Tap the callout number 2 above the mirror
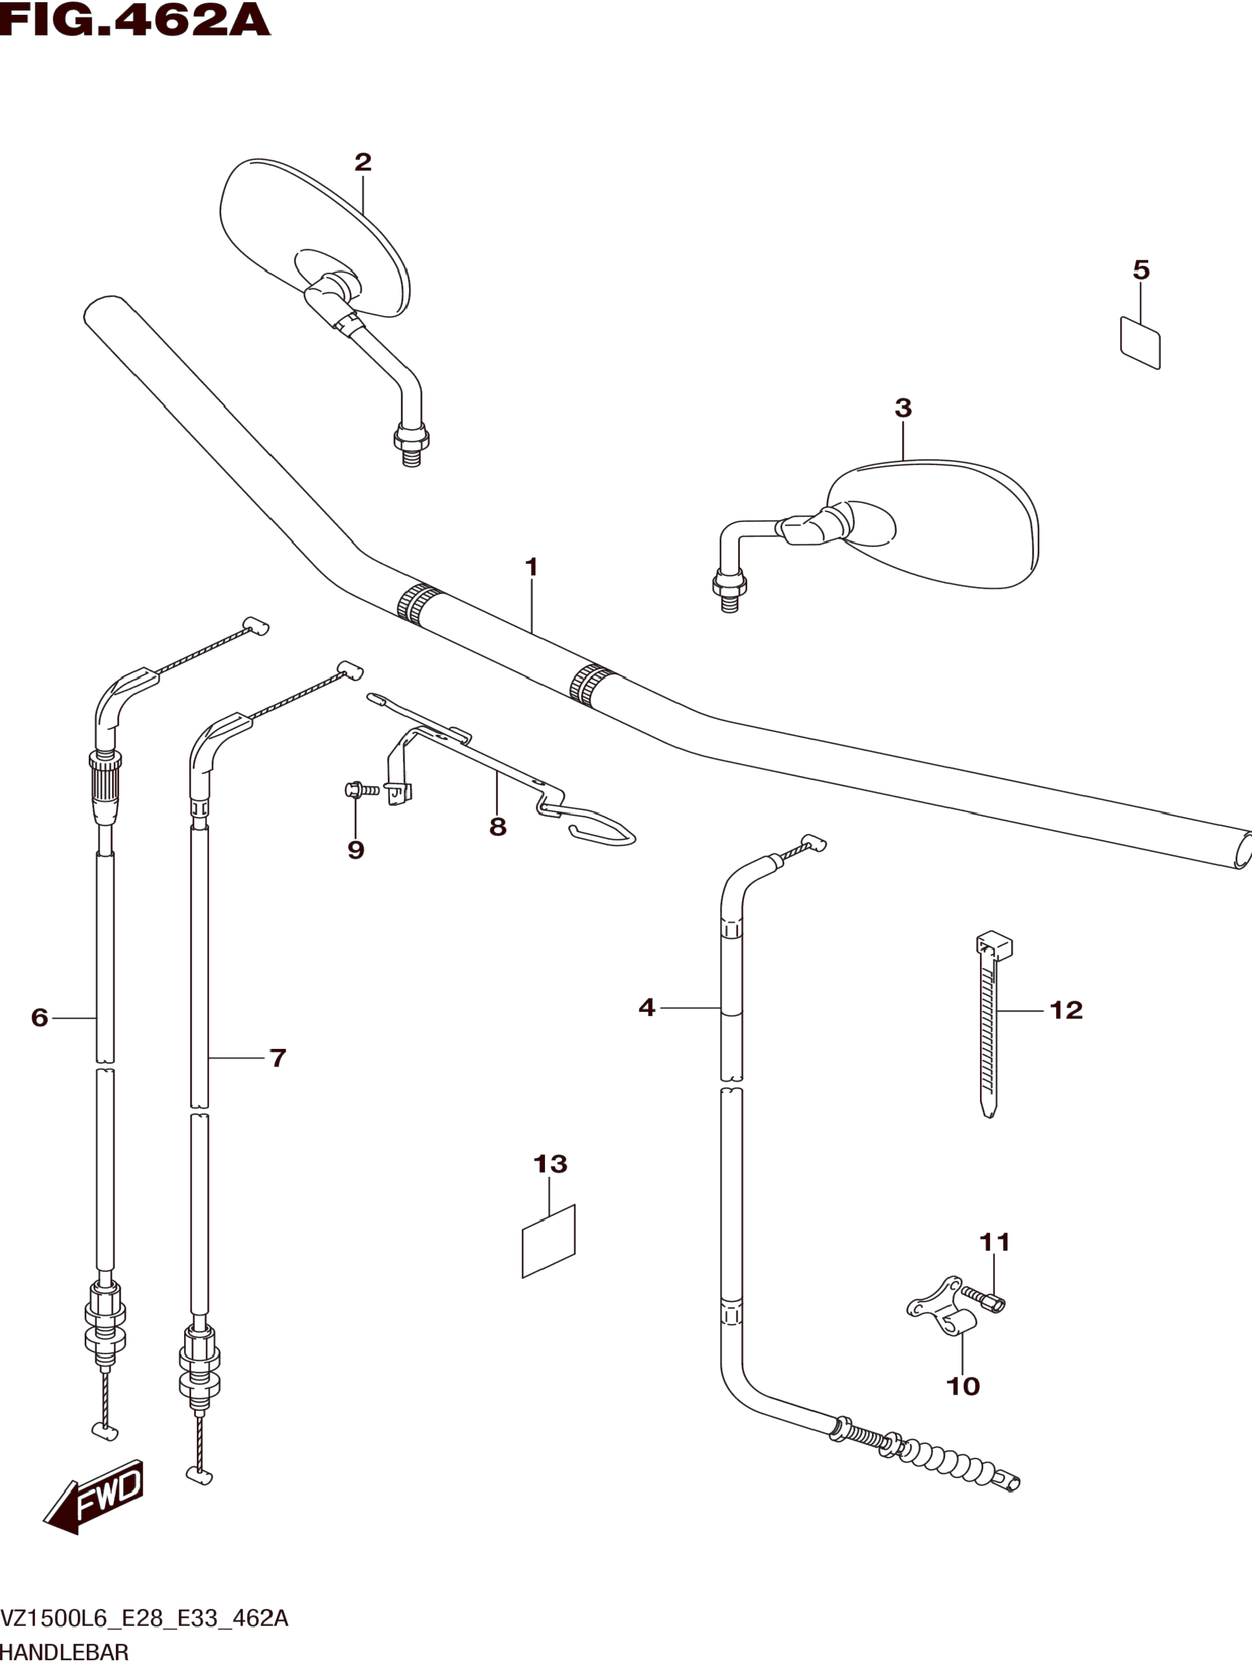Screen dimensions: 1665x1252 coord(363,162)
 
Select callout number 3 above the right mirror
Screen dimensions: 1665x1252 coord(903,408)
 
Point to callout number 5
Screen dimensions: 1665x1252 coord(1141,270)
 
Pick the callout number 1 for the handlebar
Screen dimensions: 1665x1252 coord(531,567)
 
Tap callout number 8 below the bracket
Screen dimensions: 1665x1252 coord(497,826)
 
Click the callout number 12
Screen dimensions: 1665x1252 coord(1065,1010)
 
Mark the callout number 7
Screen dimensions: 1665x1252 coord(278,1058)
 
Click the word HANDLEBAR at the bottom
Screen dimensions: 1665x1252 coord(65,1652)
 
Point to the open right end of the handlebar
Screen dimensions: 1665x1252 coord(1243,851)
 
